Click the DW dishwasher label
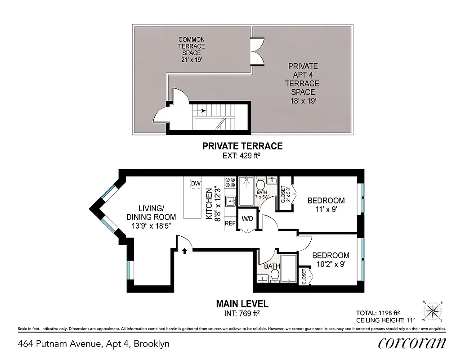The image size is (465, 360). tap(196, 184)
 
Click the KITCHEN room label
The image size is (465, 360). tap(209, 203)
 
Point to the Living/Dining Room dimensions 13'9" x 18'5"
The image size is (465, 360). tap(151, 226)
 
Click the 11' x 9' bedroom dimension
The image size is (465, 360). tap(326, 210)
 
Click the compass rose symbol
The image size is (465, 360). tap(433, 310)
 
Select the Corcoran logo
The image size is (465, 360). tap(412, 343)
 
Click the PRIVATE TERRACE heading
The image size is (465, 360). tap(242, 146)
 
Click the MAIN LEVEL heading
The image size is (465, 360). tap(242, 304)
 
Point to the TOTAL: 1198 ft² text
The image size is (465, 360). tap(378, 312)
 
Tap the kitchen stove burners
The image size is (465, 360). tap(230, 182)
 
